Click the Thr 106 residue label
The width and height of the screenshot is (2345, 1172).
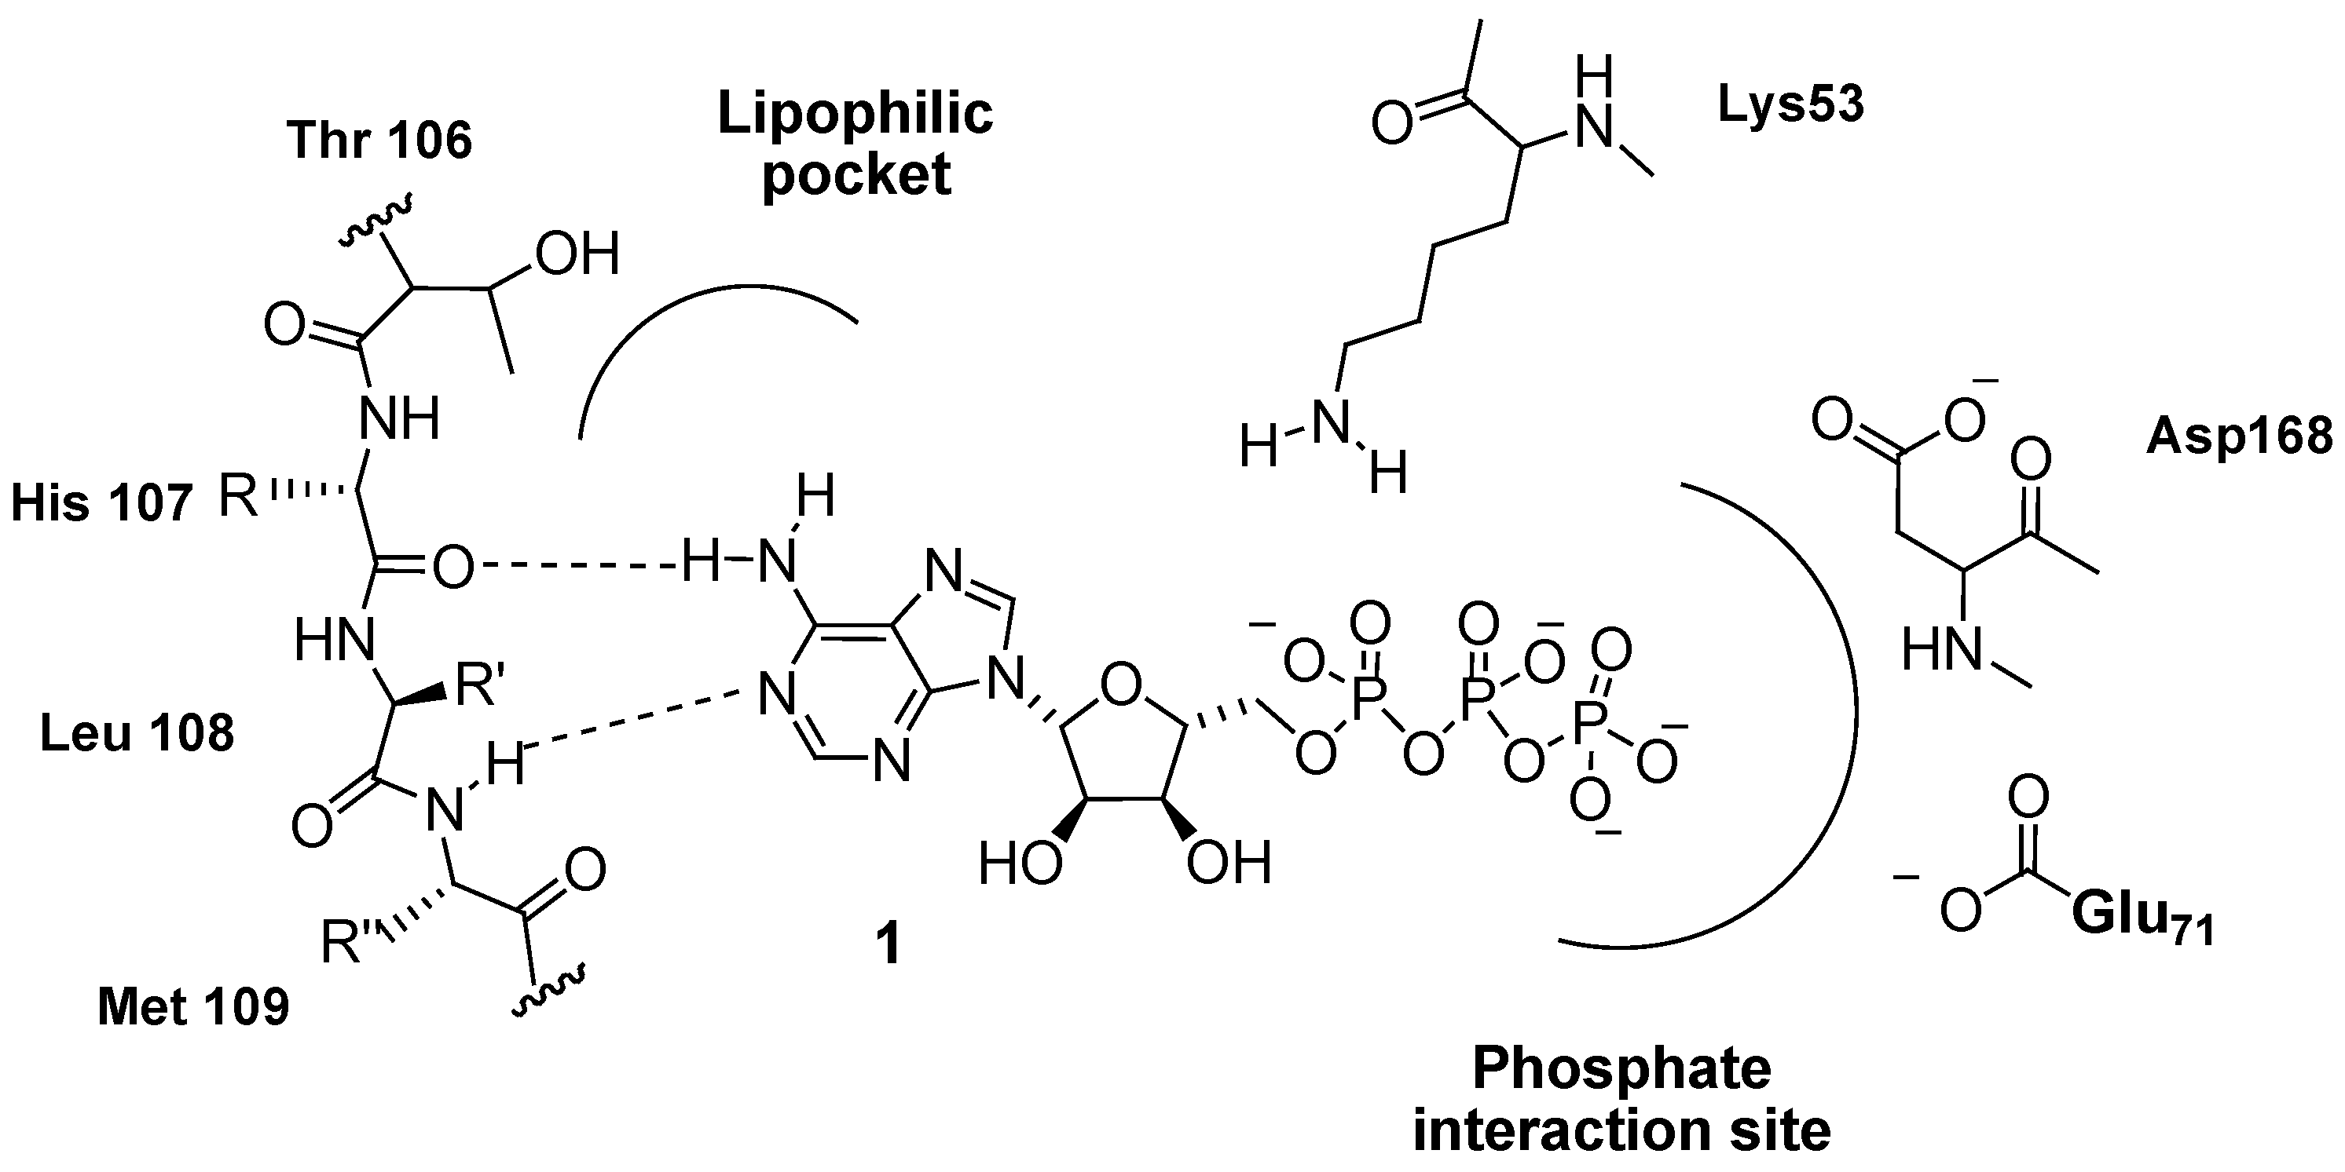379,141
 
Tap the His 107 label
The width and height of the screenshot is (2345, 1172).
101,503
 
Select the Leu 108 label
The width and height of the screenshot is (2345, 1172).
137,732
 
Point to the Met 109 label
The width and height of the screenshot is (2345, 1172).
193,1008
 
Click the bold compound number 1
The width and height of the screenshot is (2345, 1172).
887,944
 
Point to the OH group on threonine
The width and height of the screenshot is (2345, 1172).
577,254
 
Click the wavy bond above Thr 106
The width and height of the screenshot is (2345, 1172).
378,222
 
